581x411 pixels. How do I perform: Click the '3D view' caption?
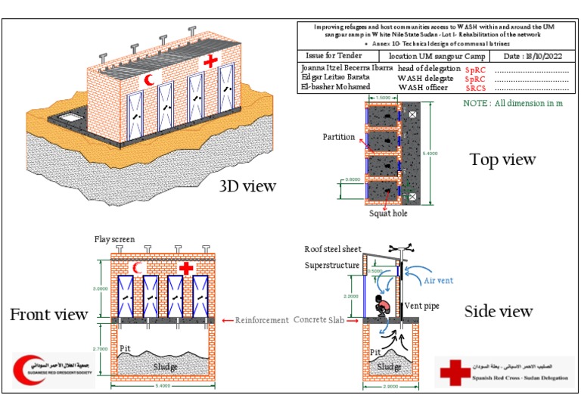247,186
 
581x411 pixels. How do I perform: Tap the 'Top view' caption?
502,159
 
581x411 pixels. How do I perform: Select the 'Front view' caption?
50,313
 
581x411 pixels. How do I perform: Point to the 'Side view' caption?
498,311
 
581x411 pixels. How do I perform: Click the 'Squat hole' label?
388,213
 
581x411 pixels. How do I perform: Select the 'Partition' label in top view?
338,137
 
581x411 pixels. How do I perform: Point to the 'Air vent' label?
440,279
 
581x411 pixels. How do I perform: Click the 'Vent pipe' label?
424,306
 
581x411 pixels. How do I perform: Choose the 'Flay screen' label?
114,240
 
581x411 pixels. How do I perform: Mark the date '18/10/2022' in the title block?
543,56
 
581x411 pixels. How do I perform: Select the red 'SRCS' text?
475,88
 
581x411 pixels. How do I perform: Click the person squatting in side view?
382,307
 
